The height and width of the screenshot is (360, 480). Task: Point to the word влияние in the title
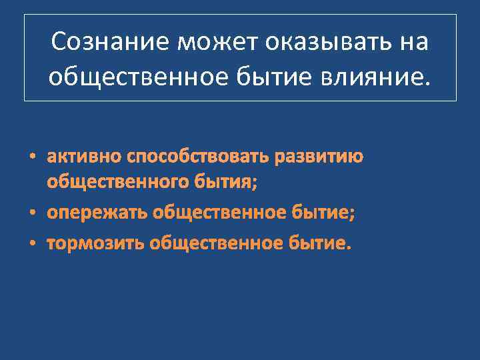[377, 77]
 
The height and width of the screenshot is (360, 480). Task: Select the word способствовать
[197, 157]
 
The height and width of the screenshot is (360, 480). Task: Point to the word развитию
[319, 157]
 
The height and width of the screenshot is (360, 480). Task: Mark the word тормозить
[97, 243]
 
